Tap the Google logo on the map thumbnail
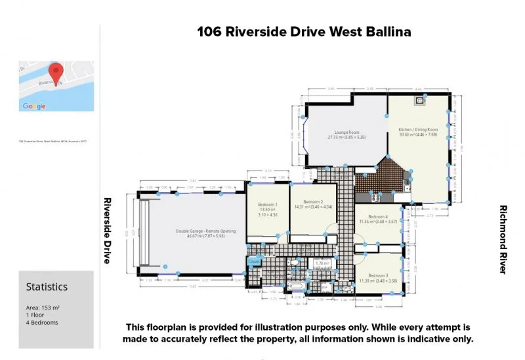coord(34,106)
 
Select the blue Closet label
coord(254,261)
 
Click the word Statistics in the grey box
coord(47,287)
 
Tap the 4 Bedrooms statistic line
coord(42,323)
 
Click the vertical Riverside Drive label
coord(106,230)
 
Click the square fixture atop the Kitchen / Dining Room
coord(417,101)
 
